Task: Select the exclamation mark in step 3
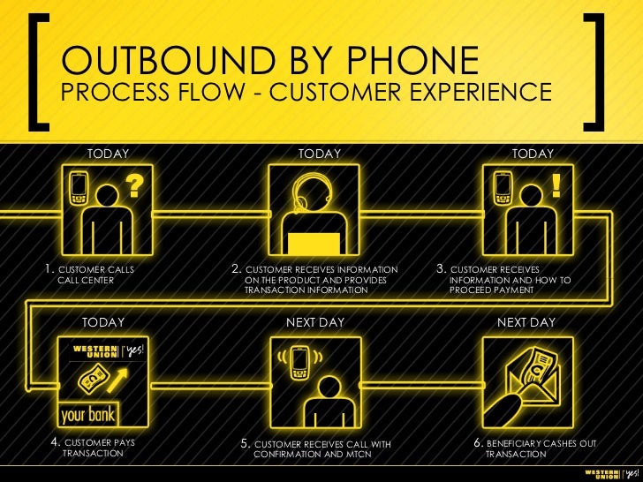[556, 185]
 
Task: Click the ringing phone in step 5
[299, 358]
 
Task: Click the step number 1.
[50, 267]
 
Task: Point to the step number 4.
[56, 441]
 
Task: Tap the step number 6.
[479, 442]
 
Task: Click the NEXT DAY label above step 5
[315, 323]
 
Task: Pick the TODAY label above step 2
[320, 154]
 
